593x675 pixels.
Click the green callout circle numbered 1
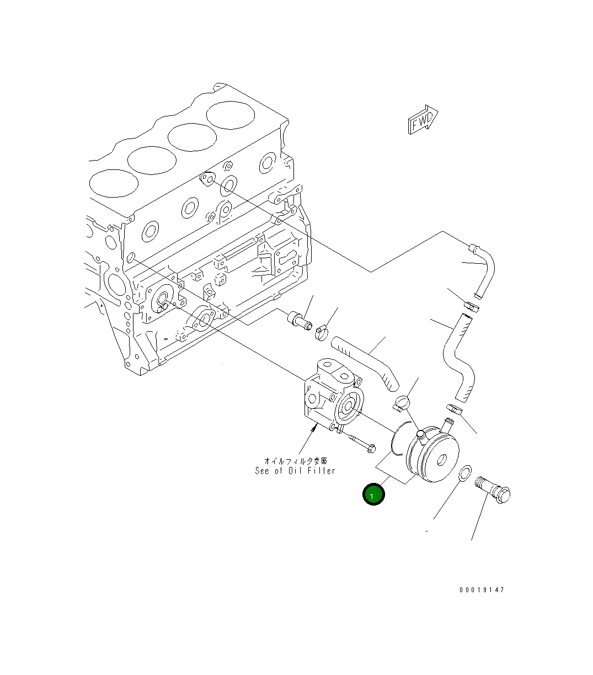372,495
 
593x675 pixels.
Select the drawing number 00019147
482,590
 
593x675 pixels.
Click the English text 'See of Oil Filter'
295,471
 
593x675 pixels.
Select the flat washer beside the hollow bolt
465,473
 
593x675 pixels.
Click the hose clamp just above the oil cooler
402,402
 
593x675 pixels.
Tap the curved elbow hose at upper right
482,264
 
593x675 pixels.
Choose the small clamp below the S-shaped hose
453,410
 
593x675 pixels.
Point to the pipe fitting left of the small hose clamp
299,320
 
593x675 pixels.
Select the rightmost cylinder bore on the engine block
231,116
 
